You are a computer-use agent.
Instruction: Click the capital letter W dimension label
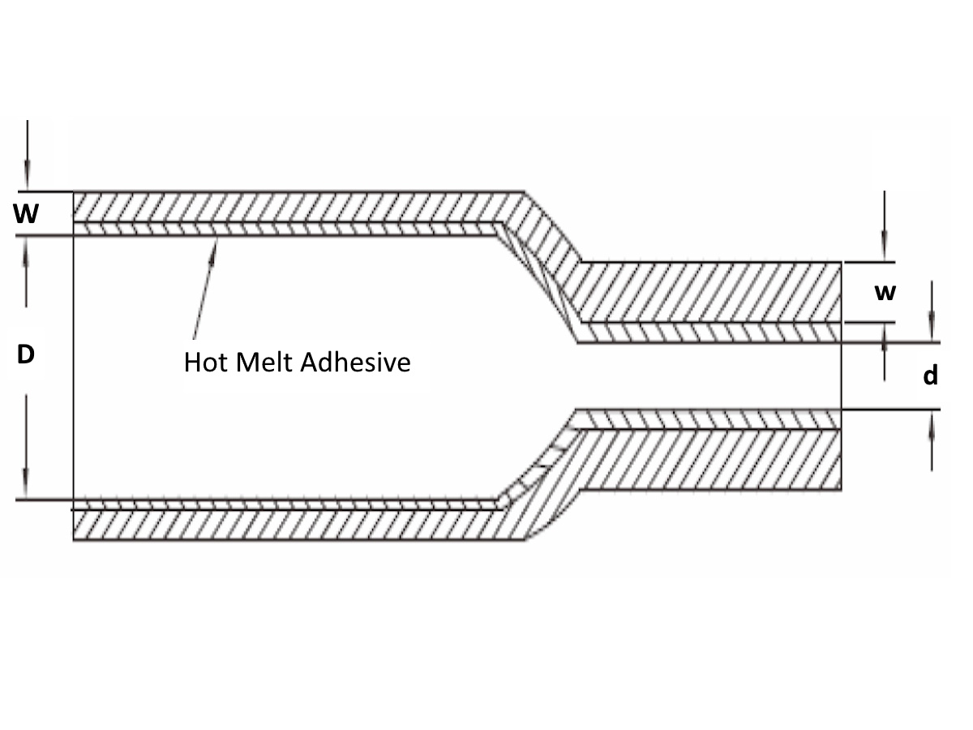click(26, 213)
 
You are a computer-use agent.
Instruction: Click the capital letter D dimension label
click(26, 354)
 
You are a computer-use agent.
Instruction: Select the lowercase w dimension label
click(885, 293)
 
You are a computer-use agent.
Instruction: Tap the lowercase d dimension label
click(931, 375)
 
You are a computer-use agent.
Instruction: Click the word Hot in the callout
click(206, 362)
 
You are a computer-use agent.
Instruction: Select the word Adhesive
click(355, 362)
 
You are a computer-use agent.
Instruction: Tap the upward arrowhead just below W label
click(26, 251)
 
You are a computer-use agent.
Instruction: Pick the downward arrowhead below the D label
click(26, 483)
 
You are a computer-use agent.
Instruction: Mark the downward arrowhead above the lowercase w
click(885, 247)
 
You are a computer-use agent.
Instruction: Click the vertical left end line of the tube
click(73, 366)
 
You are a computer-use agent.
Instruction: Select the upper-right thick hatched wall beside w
click(711, 292)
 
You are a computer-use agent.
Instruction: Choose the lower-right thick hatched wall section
click(711, 459)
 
